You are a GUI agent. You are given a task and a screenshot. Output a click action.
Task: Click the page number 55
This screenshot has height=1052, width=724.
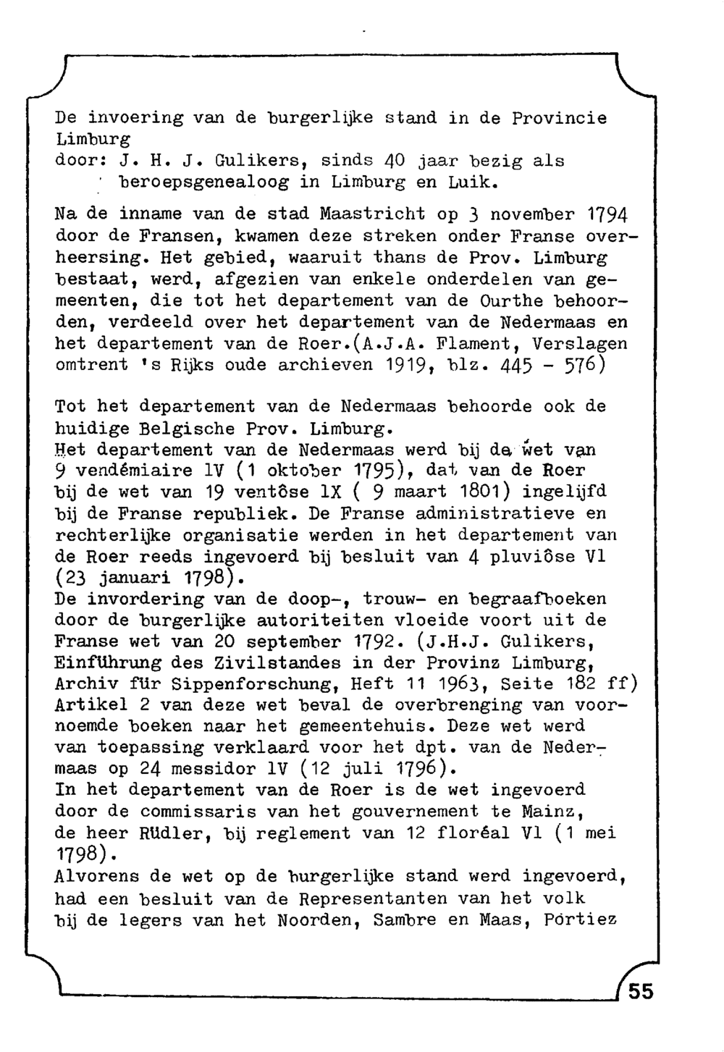pyautogui.click(x=640, y=990)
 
